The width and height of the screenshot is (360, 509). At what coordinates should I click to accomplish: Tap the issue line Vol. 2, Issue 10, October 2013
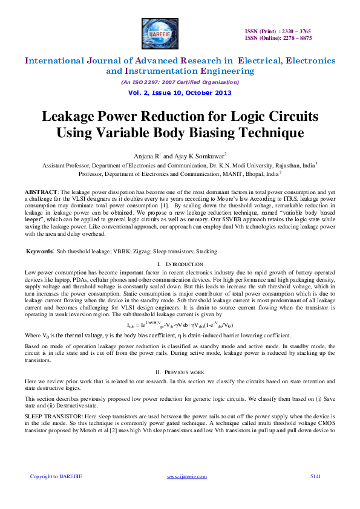click(180, 92)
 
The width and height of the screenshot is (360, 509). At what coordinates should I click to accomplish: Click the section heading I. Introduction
click(180, 265)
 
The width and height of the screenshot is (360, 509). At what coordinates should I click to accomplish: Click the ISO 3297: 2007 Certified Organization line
click(180, 82)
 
